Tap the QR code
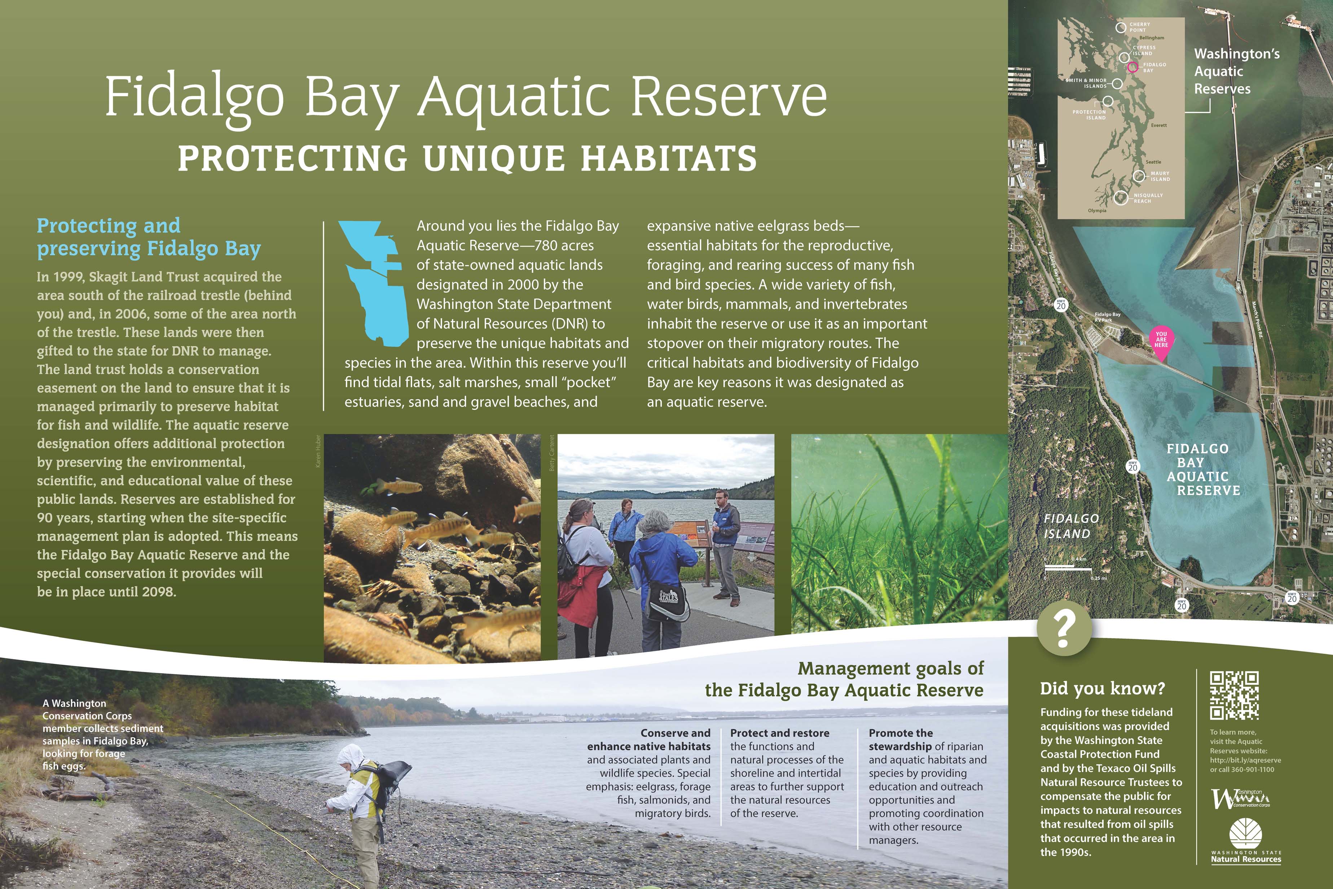pos(1235,695)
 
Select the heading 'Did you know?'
pos(1102,689)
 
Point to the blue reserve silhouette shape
pos(374,284)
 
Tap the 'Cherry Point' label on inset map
pos(1140,27)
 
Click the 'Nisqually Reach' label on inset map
pos(1148,198)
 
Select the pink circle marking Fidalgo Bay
pos(1132,67)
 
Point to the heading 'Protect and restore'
pos(779,733)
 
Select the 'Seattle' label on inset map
pos(1153,162)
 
